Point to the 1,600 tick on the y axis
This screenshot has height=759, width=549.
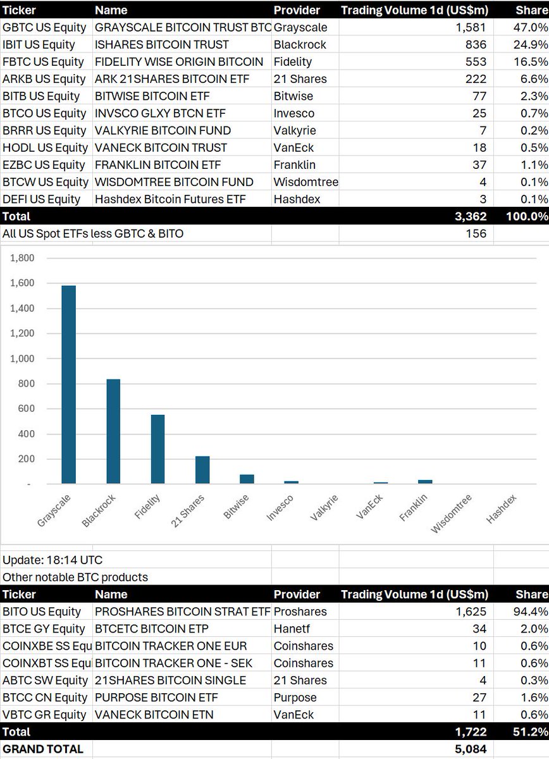(22, 283)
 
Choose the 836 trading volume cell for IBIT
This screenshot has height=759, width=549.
(476, 45)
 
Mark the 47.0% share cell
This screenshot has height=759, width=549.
(531, 28)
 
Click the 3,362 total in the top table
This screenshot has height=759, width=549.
(471, 216)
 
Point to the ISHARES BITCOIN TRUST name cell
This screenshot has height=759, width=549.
(161, 45)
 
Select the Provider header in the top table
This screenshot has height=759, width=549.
(297, 10)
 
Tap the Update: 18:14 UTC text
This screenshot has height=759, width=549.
(52, 560)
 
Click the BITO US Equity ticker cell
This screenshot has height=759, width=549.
(42, 612)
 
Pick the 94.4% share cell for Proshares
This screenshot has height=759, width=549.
(531, 612)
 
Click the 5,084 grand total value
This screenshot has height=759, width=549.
(471, 749)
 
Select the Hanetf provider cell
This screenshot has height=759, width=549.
(293, 629)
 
